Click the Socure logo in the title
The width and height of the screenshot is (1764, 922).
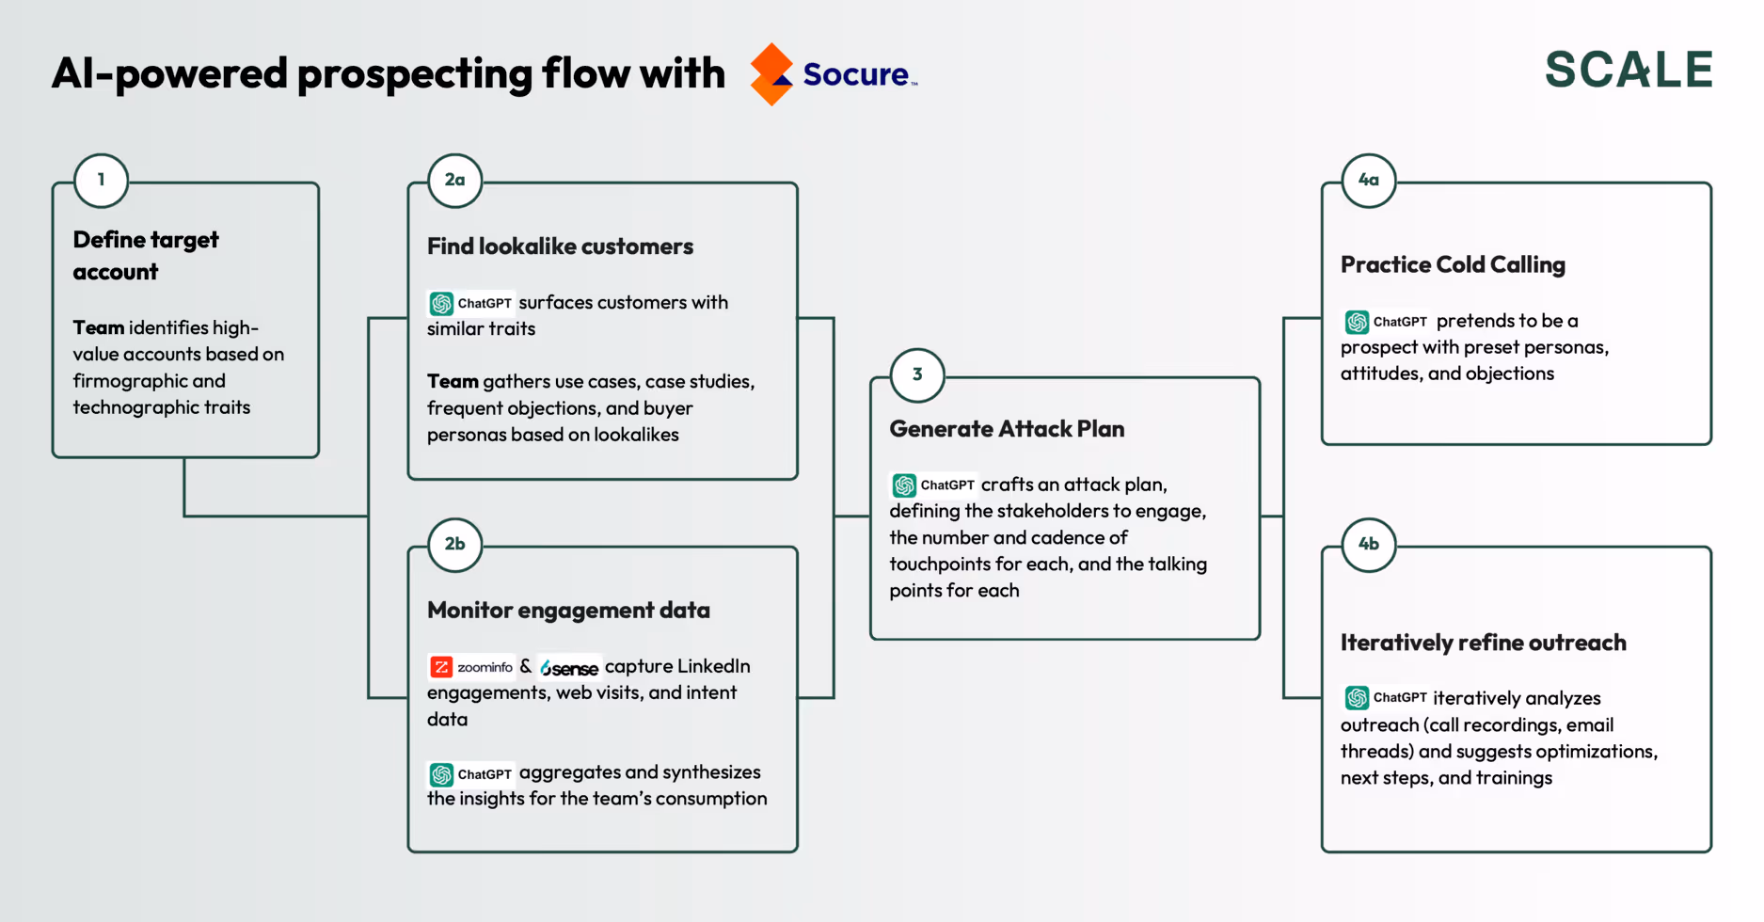tap(834, 73)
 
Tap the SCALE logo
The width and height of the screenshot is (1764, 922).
tap(1629, 70)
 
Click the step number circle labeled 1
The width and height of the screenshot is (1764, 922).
tap(101, 180)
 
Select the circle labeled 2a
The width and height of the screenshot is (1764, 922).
tap(455, 180)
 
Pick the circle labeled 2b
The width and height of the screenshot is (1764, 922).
tap(455, 544)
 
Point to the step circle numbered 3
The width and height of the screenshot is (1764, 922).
tap(917, 374)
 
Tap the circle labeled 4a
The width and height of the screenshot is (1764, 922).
tap(1369, 180)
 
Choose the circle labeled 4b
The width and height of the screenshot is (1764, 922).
tap(1369, 544)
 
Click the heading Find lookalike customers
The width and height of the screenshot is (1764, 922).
tap(560, 246)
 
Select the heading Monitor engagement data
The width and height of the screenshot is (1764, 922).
tap(568, 611)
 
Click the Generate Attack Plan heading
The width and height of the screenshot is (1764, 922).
tap(1007, 429)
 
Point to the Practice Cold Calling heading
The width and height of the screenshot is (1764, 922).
tap(1453, 265)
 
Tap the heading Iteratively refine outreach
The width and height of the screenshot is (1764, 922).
tap(1483, 643)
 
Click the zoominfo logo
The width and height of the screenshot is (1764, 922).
tap(472, 667)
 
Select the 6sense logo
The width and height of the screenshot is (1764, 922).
tap(569, 668)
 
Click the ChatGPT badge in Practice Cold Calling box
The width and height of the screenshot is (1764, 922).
tap(1386, 322)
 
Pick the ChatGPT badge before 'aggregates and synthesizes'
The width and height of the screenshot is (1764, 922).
tap(470, 774)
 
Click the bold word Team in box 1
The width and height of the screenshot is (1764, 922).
tap(99, 327)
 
